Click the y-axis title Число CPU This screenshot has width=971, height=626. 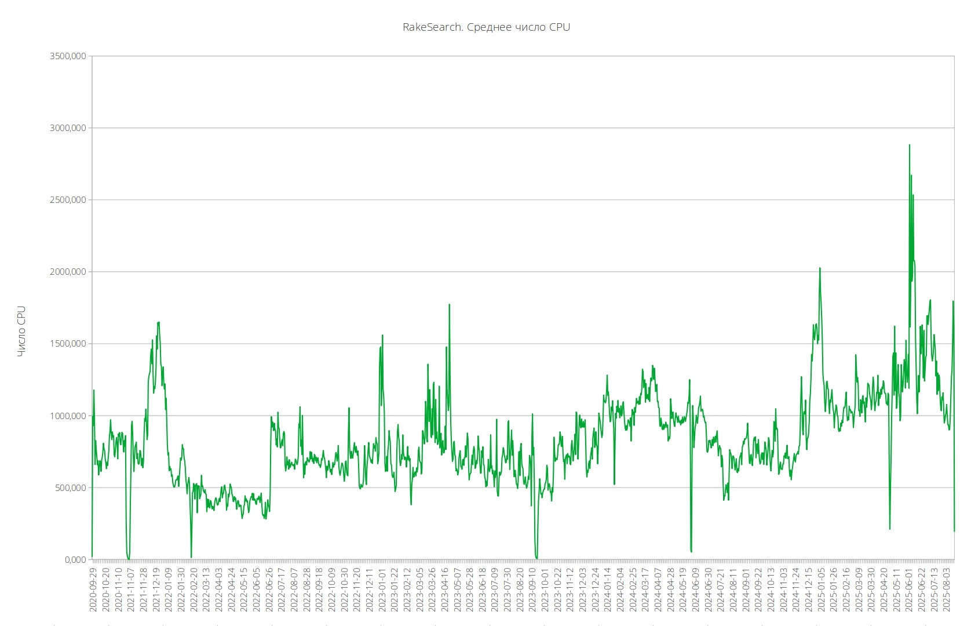pyautogui.click(x=21, y=331)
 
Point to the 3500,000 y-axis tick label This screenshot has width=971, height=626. pyautogui.click(x=68, y=56)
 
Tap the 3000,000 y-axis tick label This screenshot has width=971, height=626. pyautogui.click(x=68, y=128)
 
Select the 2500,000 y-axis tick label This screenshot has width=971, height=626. pyautogui.click(x=68, y=200)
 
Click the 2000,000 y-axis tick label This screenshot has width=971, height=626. pyautogui.click(x=68, y=272)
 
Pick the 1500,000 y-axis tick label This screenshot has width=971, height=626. pyautogui.click(x=68, y=344)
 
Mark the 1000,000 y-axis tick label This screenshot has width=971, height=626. pyautogui.click(x=68, y=416)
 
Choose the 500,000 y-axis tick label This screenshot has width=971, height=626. pyautogui.click(x=70, y=487)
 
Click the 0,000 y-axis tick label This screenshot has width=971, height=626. pyautogui.click(x=74, y=559)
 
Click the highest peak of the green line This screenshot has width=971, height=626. pyautogui.click(x=909, y=145)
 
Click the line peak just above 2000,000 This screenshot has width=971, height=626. pyautogui.click(x=820, y=268)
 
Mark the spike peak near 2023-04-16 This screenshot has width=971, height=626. pyautogui.click(x=449, y=304)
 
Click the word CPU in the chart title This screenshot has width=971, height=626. pyautogui.click(x=560, y=27)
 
